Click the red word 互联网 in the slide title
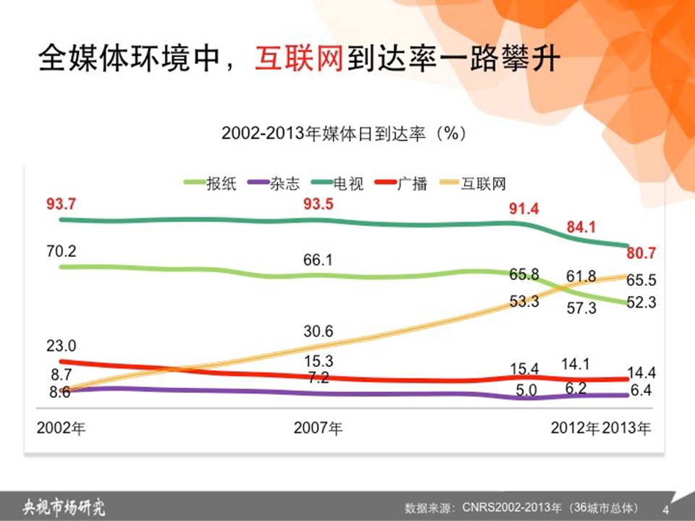point(299,58)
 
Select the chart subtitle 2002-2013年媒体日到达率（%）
point(345,133)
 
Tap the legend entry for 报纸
point(211,183)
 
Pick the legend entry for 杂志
point(274,183)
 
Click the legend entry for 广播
point(401,183)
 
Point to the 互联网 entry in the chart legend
point(473,183)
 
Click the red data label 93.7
point(61,204)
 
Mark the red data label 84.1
point(581,227)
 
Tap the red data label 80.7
point(641,253)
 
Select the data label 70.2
point(61,251)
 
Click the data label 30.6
point(319,331)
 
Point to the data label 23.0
point(61,346)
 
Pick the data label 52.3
point(641,302)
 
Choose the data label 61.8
point(581,276)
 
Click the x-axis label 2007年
point(319,428)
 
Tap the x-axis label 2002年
point(61,428)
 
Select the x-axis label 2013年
point(626,428)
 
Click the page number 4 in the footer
point(666,509)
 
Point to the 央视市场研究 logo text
point(64,507)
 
